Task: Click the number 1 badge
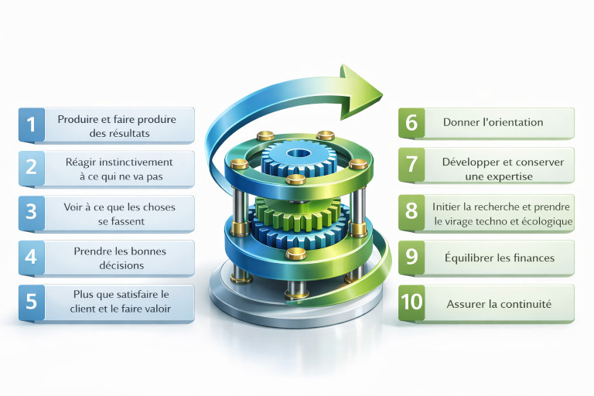(31, 125)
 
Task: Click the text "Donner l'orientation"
(493, 122)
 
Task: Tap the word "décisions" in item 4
(120, 265)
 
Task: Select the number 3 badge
(31, 213)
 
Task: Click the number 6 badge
(411, 122)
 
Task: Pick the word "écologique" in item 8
(547, 220)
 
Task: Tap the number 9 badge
(411, 258)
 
